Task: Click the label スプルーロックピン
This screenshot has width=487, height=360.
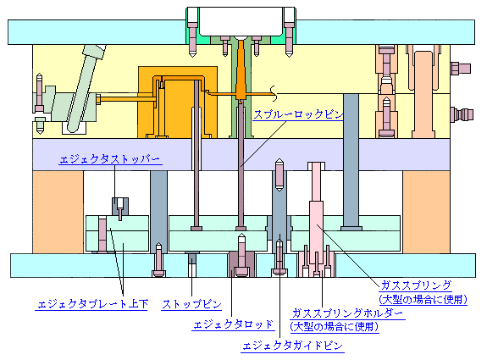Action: click(298, 114)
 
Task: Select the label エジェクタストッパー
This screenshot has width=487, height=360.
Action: click(110, 159)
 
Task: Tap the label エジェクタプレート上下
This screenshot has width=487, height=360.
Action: click(92, 304)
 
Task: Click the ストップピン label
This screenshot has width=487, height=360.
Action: click(191, 304)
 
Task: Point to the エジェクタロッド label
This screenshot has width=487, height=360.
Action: click(233, 324)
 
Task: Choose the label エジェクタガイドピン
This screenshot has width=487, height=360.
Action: click(292, 346)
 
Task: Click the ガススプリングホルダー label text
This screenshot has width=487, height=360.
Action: click(347, 313)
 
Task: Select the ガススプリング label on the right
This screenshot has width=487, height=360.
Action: click(416, 285)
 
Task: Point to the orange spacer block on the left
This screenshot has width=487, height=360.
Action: click(58, 212)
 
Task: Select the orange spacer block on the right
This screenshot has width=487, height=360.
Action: click(426, 212)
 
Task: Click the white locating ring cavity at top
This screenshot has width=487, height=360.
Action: click(241, 22)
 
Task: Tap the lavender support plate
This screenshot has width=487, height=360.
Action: click(241, 154)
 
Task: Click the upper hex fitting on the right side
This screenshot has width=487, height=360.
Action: click(461, 69)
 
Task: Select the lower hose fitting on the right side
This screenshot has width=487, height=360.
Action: click(462, 114)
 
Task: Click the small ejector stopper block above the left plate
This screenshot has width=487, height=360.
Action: click(120, 207)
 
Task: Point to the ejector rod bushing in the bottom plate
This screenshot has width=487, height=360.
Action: click(241, 264)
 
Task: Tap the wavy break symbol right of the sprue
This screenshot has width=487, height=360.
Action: click(274, 93)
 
